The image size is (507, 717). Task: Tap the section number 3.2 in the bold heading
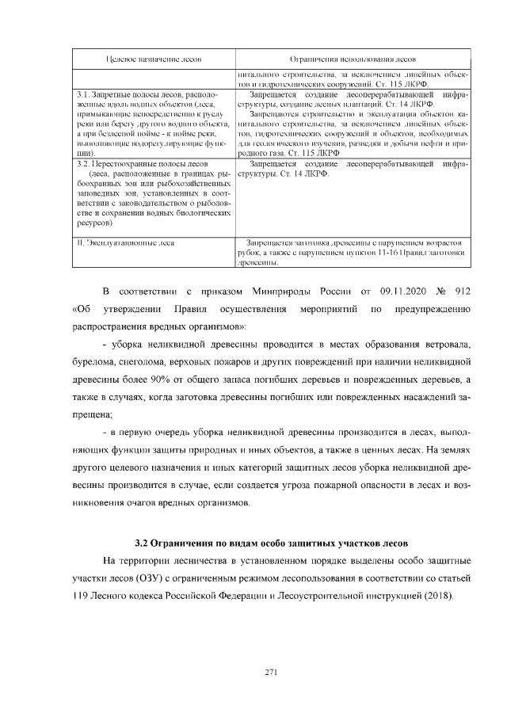(x=142, y=543)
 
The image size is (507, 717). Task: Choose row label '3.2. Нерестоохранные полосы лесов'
(x=132, y=164)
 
